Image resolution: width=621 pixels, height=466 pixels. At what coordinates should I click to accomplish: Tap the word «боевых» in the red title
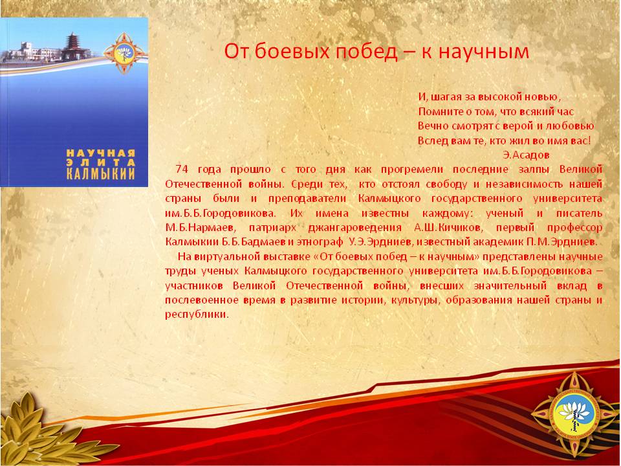click(292, 52)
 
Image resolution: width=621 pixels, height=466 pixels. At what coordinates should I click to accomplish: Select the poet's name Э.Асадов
click(526, 155)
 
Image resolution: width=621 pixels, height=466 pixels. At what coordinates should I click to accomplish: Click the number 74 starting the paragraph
click(181, 169)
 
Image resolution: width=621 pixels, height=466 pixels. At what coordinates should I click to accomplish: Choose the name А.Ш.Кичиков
click(448, 228)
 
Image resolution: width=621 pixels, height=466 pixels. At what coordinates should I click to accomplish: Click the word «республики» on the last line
click(197, 315)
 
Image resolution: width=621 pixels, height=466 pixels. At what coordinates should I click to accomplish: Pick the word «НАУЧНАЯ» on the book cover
click(101, 153)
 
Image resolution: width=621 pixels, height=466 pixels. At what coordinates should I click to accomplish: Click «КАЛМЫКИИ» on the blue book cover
click(101, 173)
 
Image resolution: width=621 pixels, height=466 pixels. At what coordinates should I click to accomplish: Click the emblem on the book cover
click(124, 54)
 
